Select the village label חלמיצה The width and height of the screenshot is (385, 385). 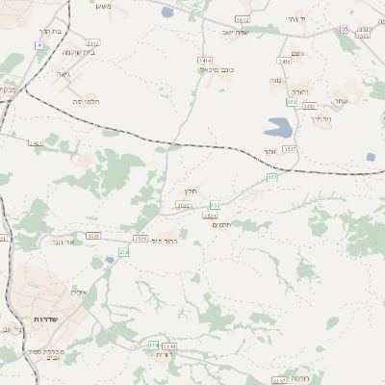86,100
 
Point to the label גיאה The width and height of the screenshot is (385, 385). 63,72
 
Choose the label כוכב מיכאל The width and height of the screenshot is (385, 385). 217,69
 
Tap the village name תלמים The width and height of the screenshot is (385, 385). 220,224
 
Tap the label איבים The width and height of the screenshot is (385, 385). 79,292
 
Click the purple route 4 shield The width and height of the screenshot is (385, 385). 38,45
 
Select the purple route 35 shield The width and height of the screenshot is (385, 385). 345,30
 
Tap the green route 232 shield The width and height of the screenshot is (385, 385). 123,251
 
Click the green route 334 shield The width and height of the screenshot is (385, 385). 153,344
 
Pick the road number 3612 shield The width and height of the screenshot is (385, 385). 242,19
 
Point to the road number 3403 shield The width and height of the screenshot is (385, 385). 36,143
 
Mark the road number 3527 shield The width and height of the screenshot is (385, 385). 291,149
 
